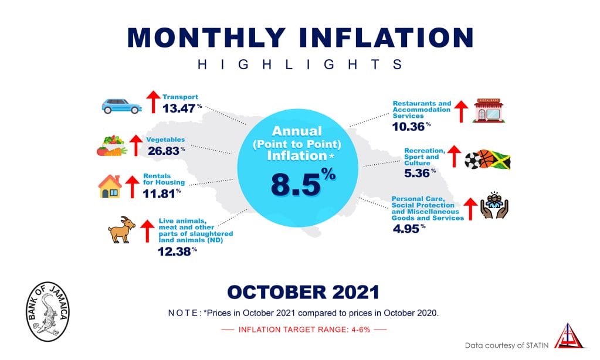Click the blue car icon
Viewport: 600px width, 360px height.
pos(121,106)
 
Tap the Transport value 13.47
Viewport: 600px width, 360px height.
pos(179,108)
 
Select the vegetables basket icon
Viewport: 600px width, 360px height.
pos(112,146)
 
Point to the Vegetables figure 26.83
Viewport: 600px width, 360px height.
pos(164,151)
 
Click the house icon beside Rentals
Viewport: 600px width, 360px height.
pos(110,186)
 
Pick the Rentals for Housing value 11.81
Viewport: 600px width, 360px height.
pos(159,193)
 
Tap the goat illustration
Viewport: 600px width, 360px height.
pos(121,229)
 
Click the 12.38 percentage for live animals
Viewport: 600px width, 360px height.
pos(175,252)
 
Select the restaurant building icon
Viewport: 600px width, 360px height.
pos(489,111)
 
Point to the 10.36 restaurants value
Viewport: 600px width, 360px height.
pos(408,126)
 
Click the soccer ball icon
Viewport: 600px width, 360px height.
pos(473,161)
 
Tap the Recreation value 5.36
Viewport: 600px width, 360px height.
pos(417,173)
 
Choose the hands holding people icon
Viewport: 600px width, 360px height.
pos(494,205)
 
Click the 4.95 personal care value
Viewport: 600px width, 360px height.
pos(406,229)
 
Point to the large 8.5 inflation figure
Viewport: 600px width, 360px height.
pos(296,185)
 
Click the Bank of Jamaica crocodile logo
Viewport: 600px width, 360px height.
pos(48,311)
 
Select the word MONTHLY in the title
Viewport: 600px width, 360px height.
pos(206,38)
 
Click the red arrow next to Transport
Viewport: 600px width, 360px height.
pos(154,102)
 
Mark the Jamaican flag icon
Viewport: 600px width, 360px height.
pos(500,160)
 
